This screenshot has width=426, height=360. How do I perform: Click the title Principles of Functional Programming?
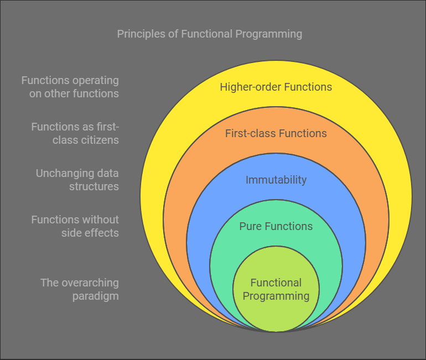click(x=210, y=34)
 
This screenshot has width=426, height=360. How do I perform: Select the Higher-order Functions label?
click(x=276, y=87)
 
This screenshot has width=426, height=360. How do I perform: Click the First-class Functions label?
click(x=276, y=133)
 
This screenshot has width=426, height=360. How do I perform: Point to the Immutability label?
click(x=276, y=180)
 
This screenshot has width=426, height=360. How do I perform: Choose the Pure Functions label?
click(x=276, y=226)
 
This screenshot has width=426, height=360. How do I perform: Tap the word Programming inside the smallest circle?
click(x=276, y=296)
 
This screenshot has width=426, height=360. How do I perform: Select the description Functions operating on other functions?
click(x=70, y=87)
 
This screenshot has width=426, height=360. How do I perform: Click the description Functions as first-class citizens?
click(x=75, y=133)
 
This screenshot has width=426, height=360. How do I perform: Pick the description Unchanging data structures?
click(x=77, y=180)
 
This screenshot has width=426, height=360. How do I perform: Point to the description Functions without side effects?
click(x=75, y=226)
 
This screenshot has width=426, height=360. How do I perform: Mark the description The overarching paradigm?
click(x=80, y=289)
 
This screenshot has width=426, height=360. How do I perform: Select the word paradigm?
click(x=95, y=296)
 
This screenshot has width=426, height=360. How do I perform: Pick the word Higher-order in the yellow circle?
click(x=247, y=87)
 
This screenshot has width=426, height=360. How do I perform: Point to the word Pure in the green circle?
click(x=250, y=226)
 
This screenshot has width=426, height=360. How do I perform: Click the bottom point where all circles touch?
click(x=276, y=331)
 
